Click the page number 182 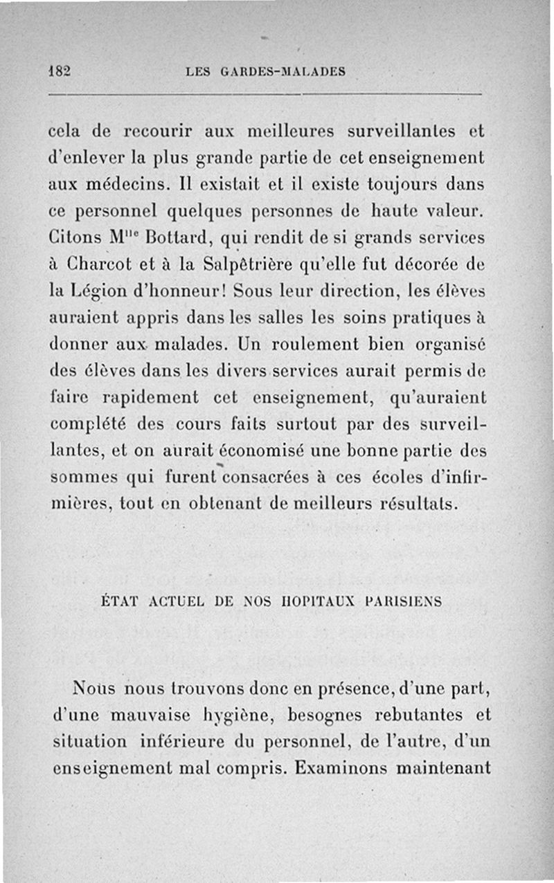click(x=62, y=71)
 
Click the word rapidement click(x=152, y=397)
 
